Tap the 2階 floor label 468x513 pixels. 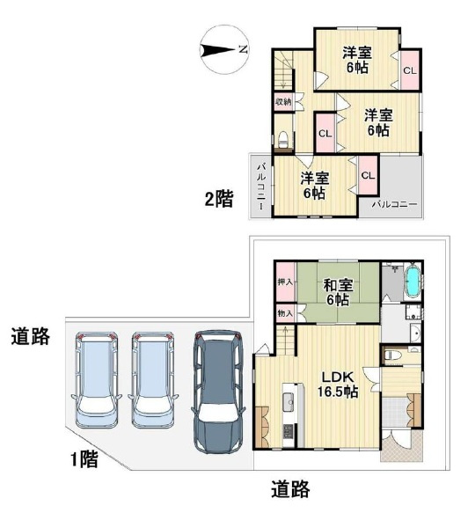(219, 199)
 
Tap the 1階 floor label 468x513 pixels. (84, 458)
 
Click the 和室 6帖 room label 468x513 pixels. (337, 292)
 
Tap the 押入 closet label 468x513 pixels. (284, 283)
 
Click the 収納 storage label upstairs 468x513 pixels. (282, 102)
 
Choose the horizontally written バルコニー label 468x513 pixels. (393, 204)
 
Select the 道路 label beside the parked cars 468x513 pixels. (29, 335)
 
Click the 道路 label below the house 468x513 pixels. (289, 490)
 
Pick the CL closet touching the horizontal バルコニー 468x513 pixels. (368, 175)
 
